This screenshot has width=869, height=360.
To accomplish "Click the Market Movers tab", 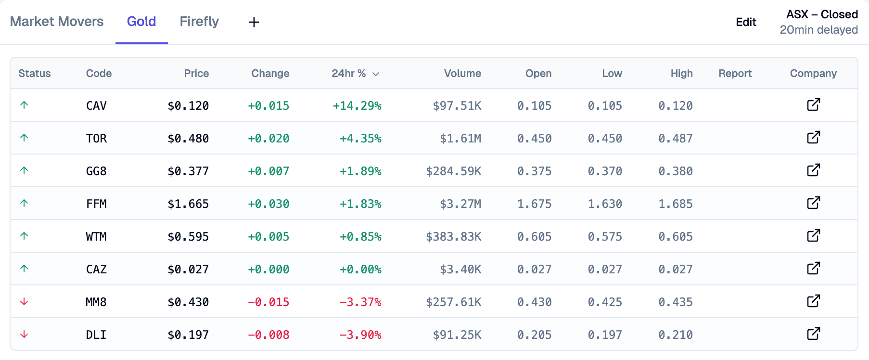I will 57,22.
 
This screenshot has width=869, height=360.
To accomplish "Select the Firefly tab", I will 199,22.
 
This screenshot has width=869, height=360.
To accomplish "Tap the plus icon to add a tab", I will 254,22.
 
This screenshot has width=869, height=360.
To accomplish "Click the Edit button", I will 746,22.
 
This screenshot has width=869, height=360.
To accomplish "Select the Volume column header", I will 462,74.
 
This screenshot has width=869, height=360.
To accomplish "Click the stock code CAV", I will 96,106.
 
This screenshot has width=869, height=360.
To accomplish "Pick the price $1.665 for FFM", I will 188,204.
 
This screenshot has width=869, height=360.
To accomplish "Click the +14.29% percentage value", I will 357,106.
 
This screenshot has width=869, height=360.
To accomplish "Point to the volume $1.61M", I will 460,139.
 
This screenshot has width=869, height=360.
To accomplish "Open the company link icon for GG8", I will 813,170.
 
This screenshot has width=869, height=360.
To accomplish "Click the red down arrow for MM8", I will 24,302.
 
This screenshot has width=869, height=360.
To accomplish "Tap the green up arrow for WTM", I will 24,236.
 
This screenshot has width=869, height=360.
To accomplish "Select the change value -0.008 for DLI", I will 268,335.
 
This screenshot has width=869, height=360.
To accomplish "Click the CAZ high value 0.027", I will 676,270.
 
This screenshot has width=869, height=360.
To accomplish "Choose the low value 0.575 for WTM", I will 605,237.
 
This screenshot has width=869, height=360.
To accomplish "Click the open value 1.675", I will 534,204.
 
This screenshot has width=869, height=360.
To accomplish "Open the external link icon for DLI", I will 813,334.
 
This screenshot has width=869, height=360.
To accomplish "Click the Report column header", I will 735,74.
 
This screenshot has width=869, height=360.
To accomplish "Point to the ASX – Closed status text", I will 822,14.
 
